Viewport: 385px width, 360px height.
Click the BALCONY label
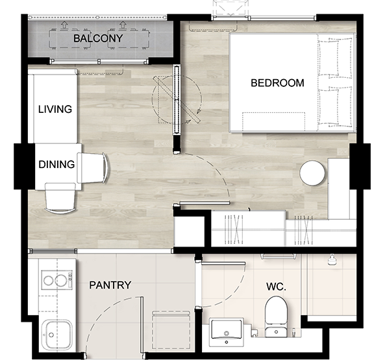coord(98,38)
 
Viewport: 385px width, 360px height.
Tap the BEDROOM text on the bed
coord(277,83)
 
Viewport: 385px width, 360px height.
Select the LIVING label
coord(55,109)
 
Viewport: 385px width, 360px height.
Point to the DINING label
coord(56,164)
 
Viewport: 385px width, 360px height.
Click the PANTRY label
coord(110,285)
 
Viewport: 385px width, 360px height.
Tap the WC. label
coord(276,287)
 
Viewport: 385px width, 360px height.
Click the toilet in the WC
coord(276,317)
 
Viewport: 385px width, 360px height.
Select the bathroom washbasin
coord(227,332)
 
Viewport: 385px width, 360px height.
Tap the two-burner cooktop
coord(57,280)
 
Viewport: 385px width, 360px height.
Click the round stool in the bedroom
coord(312,173)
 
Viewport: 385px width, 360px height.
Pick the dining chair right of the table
coord(92,168)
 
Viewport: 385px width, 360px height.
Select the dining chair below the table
coord(60,198)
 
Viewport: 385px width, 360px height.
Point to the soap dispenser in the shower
coord(332,259)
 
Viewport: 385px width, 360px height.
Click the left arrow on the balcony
coord(64,25)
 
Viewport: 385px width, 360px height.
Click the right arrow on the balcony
coord(122,25)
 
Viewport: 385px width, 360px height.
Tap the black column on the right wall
coord(360,167)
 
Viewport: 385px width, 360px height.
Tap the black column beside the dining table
coord(24,167)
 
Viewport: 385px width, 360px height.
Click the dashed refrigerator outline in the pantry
coord(171,330)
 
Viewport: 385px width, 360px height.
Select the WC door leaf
coord(223,263)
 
